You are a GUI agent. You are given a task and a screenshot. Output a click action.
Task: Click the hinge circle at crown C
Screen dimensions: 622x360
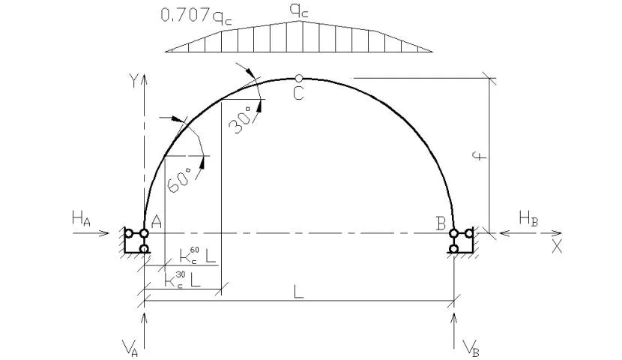299,78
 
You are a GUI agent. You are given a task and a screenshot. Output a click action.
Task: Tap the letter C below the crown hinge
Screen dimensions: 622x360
298,94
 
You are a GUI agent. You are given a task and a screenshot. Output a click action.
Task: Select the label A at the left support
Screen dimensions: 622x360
157,222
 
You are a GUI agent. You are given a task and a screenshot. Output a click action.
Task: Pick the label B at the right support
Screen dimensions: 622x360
441,223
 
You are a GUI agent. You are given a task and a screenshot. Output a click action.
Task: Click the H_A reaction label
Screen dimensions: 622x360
81,219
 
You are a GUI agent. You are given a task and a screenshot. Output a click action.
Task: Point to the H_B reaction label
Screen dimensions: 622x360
528,219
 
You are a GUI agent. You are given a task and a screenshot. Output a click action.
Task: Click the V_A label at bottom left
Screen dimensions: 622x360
130,348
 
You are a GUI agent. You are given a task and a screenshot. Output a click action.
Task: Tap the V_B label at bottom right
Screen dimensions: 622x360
471,348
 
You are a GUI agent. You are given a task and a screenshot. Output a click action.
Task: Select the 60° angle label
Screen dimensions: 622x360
179,180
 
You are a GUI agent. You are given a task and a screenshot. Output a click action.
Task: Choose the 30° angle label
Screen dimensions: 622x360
241,120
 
